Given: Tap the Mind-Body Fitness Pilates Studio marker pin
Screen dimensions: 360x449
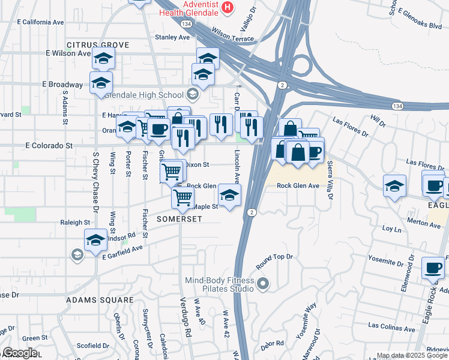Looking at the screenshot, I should click(x=262, y=283).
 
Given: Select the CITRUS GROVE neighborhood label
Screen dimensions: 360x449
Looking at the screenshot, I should click(x=98, y=45).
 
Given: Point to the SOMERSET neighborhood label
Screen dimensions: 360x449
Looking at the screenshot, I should click(x=180, y=219).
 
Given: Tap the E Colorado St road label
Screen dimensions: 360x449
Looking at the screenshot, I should click(x=49, y=145).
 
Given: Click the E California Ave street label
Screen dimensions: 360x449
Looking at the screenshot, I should click(x=40, y=22).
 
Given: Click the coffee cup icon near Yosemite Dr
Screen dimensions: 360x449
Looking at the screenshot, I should click(x=433, y=267).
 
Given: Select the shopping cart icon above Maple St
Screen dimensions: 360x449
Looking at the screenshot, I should click(x=182, y=196).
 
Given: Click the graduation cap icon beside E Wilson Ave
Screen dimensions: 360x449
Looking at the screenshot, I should click(x=104, y=59).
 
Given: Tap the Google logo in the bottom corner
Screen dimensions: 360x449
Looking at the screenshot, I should click(x=20, y=353).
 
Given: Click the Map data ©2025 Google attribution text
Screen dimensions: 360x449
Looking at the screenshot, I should click(x=412, y=355).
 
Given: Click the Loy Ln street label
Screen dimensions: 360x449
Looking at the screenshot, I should click(x=391, y=229).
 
